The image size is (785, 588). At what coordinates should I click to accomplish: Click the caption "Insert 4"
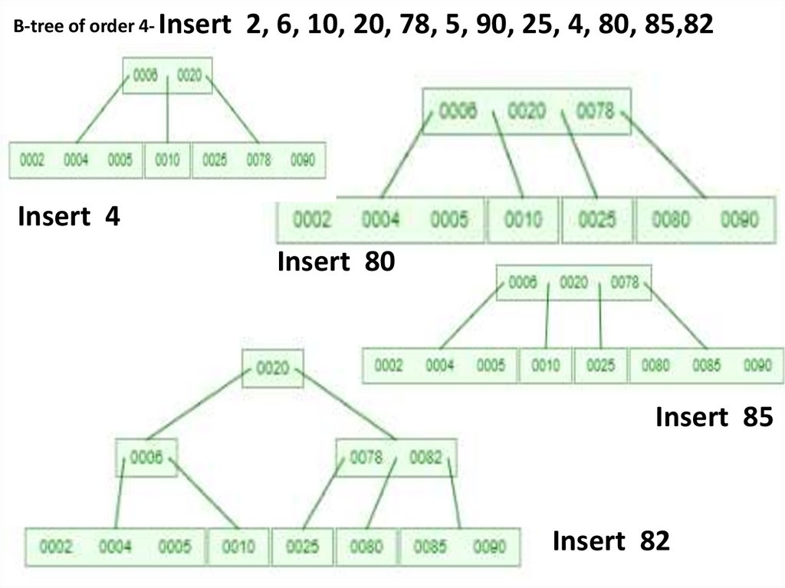tap(68, 217)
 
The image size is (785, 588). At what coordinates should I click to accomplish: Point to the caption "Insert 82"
tap(611, 541)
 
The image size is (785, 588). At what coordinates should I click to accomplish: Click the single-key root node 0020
tap(272, 369)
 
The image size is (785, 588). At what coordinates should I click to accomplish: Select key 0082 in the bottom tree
tap(425, 458)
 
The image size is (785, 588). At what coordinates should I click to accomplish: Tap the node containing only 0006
tap(146, 458)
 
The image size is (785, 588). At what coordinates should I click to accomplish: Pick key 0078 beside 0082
tap(366, 458)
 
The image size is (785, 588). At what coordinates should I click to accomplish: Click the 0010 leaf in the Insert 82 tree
tap(238, 547)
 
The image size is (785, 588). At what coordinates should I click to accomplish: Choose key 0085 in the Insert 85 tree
tap(706, 366)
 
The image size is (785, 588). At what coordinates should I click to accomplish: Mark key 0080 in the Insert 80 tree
tap(671, 220)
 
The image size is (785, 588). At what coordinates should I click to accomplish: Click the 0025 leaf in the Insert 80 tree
tap(597, 220)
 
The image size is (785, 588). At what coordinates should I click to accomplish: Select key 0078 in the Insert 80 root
tap(595, 112)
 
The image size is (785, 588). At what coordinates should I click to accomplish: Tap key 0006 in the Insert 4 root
tap(146, 76)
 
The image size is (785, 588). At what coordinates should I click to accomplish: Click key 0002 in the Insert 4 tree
tap(31, 161)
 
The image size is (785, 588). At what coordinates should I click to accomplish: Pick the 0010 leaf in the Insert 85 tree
tap(545, 366)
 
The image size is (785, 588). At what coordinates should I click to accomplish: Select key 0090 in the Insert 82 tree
tap(490, 547)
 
